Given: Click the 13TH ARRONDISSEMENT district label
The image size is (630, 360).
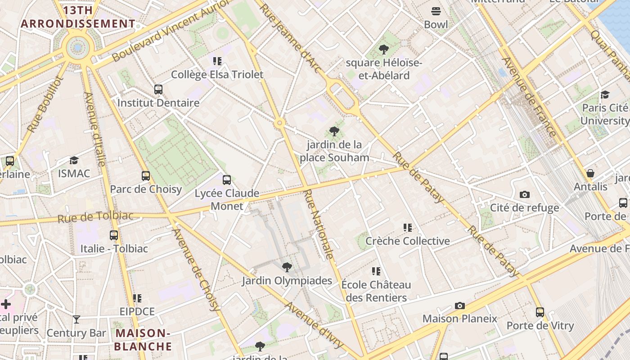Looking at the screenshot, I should coord(78,17).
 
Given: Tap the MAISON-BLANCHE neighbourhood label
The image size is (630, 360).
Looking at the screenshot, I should coord(143,340).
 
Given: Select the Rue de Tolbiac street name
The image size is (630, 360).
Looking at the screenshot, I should coord(95,217).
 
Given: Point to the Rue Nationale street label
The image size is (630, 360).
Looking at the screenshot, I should coord(319,224).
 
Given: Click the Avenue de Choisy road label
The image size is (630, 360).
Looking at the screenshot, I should coord(197,270).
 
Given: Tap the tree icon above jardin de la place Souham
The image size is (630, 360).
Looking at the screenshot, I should coord(334,131).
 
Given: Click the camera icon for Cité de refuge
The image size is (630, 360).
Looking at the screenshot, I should coord(524,195).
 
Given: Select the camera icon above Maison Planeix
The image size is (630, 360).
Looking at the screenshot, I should coord(459,306).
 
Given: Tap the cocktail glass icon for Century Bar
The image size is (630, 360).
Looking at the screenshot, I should coord(76,320).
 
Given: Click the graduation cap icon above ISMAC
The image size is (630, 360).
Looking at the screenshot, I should coord(74,161).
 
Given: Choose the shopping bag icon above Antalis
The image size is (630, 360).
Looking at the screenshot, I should coord(590,174).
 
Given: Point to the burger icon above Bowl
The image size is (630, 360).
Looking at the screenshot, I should coord(436,11).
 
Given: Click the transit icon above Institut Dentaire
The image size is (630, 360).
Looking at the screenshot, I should coord(158,90).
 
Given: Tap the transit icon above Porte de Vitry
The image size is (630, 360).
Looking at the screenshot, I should coord(540,312).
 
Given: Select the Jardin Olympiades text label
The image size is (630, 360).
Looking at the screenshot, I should coord(287,281).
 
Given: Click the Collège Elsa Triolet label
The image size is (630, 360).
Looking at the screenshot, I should coord(217,75).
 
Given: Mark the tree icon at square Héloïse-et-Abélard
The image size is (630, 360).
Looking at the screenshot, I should coord(384,49).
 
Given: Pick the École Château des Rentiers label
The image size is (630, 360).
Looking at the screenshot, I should coord(376,291).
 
